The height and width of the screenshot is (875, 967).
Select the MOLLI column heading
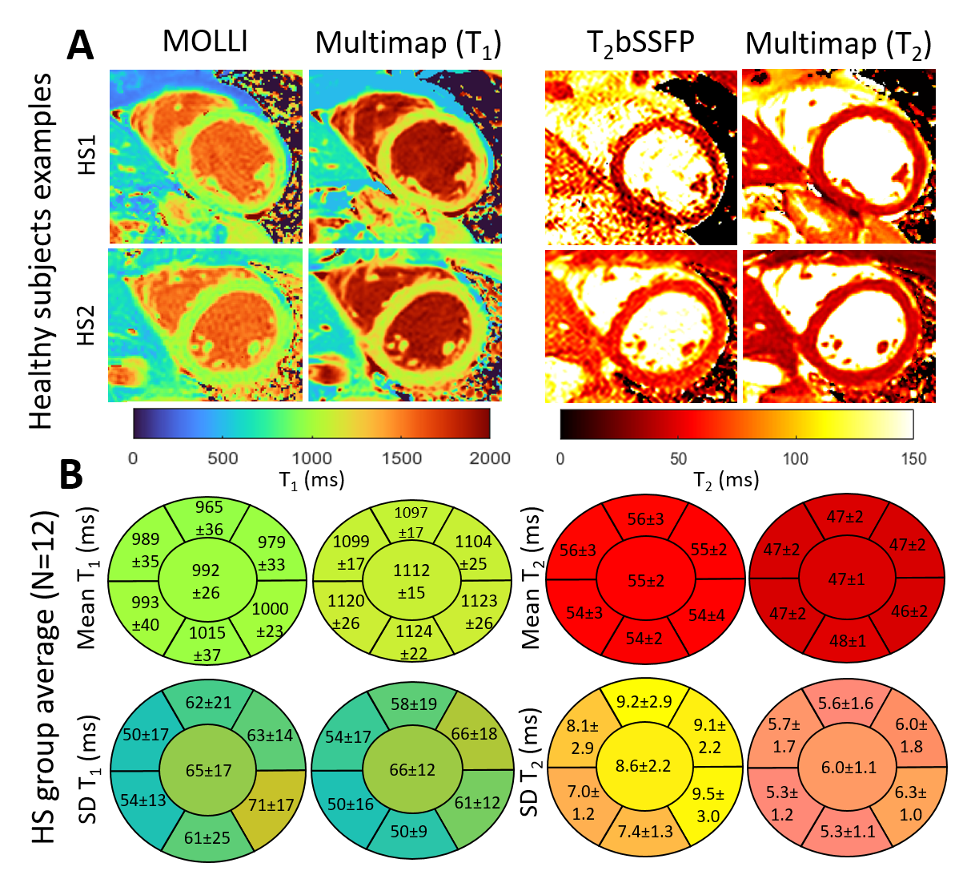pyautogui.click(x=206, y=41)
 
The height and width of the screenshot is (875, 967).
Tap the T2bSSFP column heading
pyautogui.click(x=640, y=42)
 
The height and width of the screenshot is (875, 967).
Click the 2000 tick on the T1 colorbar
pyautogui.click(x=489, y=458)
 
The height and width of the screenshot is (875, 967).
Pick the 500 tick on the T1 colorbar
pyautogui.click(x=223, y=458)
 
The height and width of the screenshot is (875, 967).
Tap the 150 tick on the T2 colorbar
pyautogui.click(x=913, y=459)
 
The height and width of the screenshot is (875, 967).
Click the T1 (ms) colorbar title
pyautogui.click(x=311, y=480)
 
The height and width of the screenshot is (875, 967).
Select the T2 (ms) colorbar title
pyautogui.click(x=725, y=480)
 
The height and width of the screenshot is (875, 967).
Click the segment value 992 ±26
pyautogui.click(x=206, y=582)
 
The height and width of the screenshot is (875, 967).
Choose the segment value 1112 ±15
pyautogui.click(x=411, y=582)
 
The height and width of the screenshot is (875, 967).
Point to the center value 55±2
pyautogui.click(x=646, y=580)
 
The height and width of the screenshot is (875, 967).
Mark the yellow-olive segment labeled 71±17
pyautogui.click(x=271, y=804)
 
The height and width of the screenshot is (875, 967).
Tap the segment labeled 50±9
pyautogui.click(x=411, y=831)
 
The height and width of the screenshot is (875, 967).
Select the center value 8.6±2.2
pyautogui.click(x=646, y=765)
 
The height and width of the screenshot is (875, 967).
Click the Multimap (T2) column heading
pyautogui.click(x=837, y=44)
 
